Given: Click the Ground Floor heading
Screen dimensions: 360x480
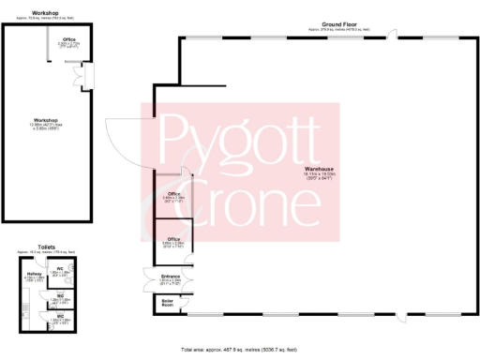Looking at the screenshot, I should (x=338, y=25).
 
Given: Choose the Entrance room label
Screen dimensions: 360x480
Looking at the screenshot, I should (x=171, y=277).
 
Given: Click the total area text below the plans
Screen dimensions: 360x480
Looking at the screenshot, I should (x=239, y=346).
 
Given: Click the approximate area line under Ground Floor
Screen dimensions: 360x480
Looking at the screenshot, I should (x=338, y=30).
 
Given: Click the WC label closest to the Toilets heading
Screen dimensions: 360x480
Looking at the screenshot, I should (x=60, y=268).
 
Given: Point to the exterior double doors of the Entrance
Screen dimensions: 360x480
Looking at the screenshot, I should (x=147, y=277).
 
